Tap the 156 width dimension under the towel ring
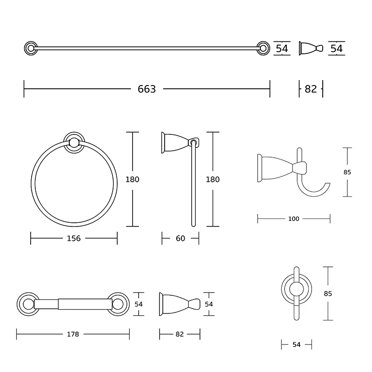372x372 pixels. pyautogui.click(x=73, y=239)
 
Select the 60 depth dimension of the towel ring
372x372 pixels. pyautogui.click(x=180, y=239)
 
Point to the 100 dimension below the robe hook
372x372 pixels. pyautogui.click(x=294, y=219)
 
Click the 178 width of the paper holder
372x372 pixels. pyautogui.click(x=73, y=334)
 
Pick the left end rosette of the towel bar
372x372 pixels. pyautogui.click(x=30, y=47)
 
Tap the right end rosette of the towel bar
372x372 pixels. pyautogui.click(x=263, y=47)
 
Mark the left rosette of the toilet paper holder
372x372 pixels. pyautogui.click(x=27, y=305)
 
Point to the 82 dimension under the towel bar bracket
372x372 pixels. pyautogui.click(x=311, y=89)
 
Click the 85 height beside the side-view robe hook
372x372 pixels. pyautogui.click(x=347, y=172)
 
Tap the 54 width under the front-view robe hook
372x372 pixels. pyautogui.click(x=296, y=345)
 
